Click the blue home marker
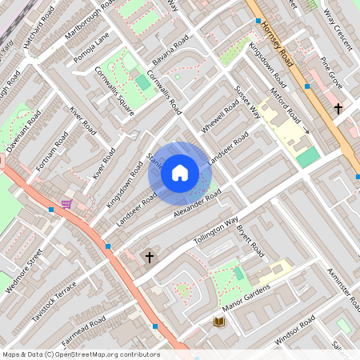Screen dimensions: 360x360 pos(180,172)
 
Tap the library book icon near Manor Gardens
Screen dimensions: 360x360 pos(218,322)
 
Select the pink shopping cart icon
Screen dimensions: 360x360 pos(66,204)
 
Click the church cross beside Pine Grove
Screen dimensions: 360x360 pos(338,107)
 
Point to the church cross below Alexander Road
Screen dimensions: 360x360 pos(149,257)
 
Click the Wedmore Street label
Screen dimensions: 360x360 pos(24,269)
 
